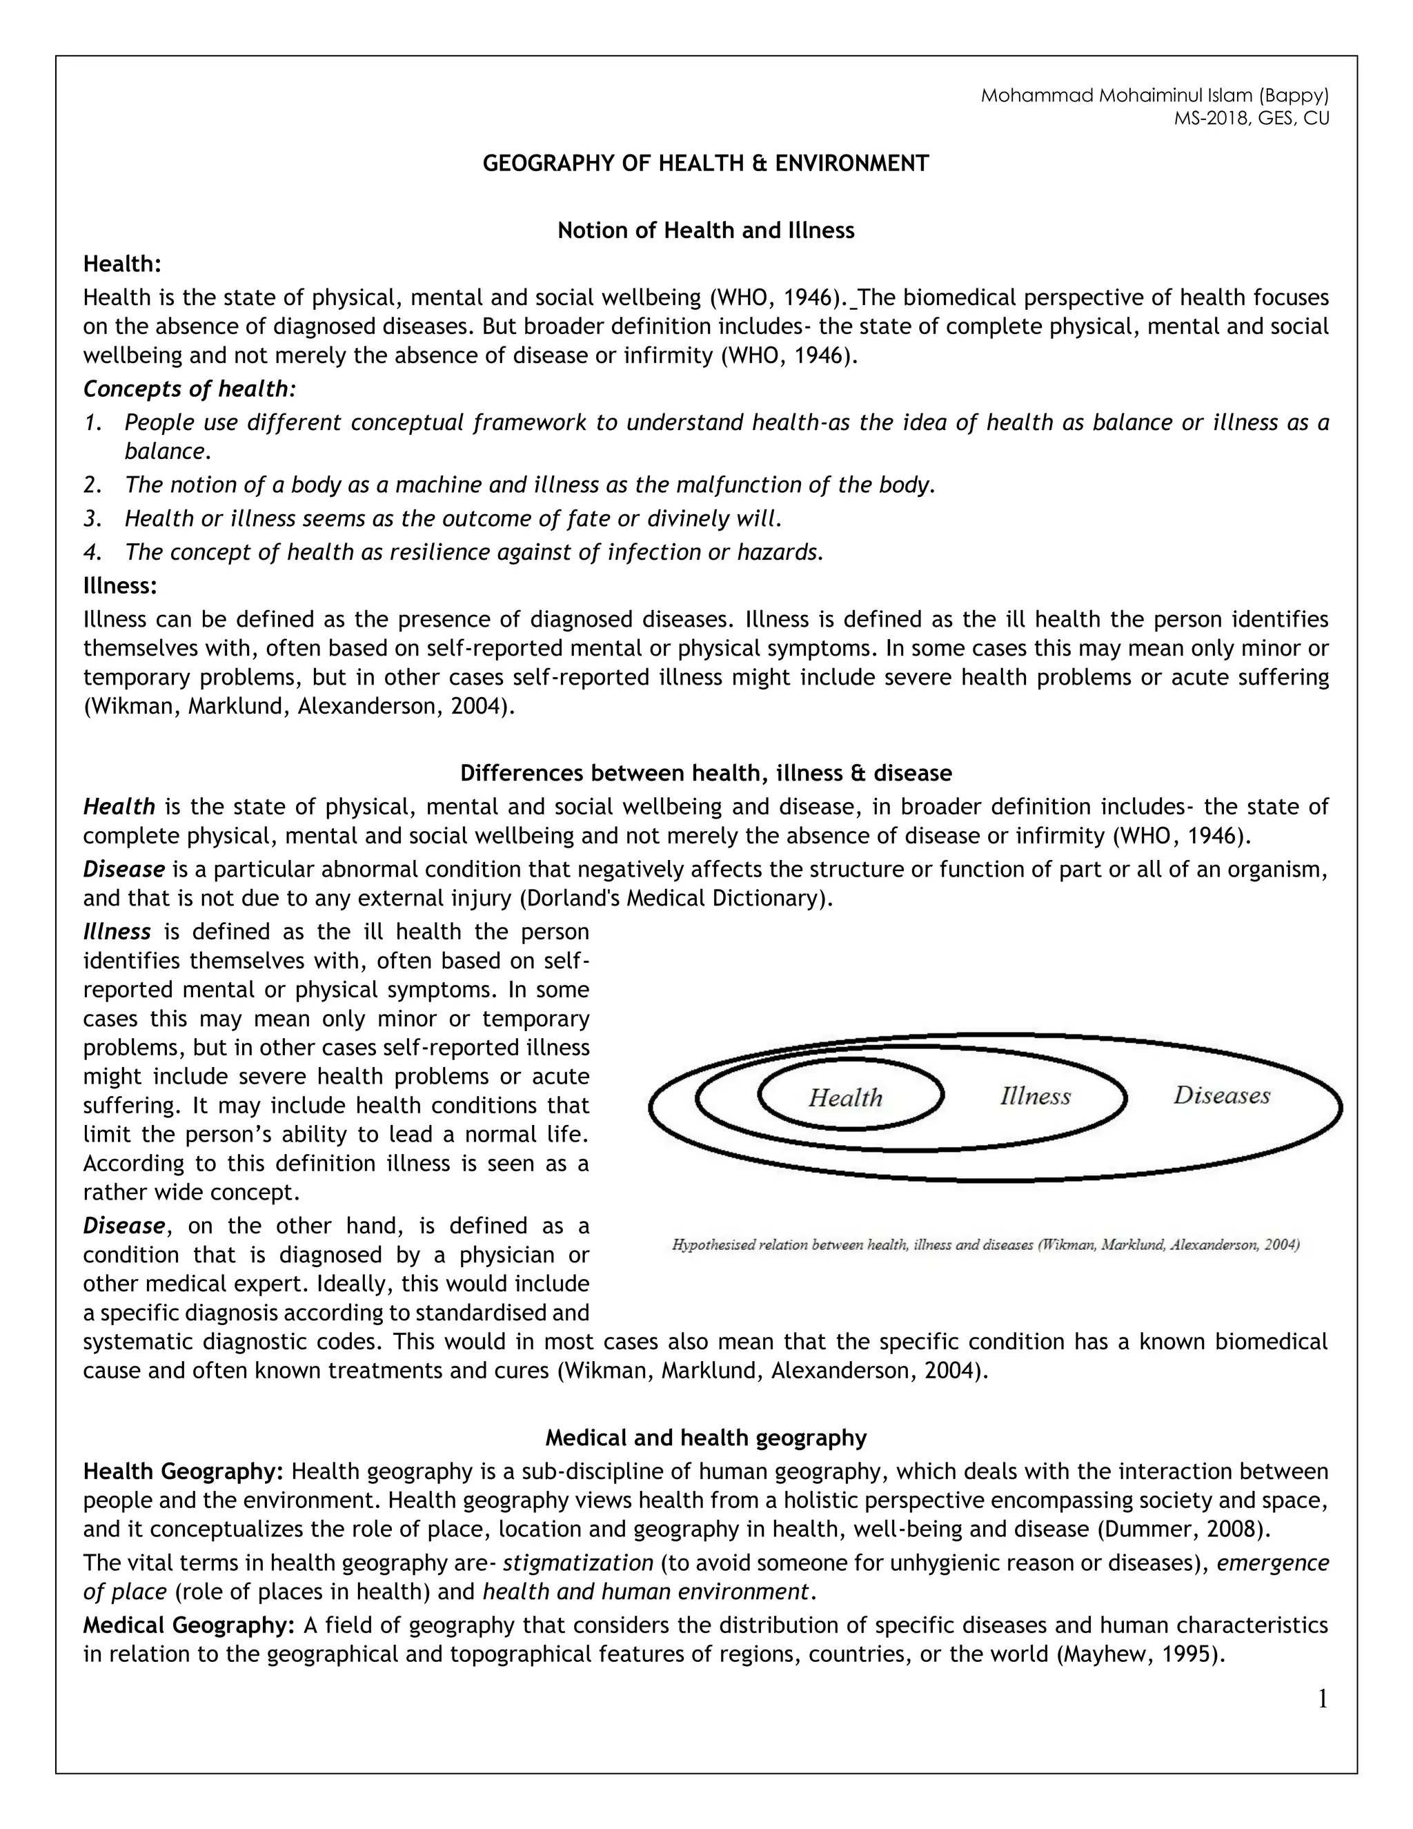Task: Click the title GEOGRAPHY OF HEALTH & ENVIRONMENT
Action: click(x=706, y=164)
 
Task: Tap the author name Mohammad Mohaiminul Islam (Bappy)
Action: click(x=1154, y=95)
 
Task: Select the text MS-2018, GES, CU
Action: click(x=1251, y=118)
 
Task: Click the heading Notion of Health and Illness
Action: click(x=706, y=231)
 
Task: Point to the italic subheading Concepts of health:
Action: click(x=190, y=389)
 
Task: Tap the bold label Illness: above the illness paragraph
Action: click(x=119, y=585)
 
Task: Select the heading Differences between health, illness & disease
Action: click(x=706, y=772)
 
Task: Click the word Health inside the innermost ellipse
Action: click(x=844, y=1097)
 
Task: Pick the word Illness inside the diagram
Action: click(x=1035, y=1096)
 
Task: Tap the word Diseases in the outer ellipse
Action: click(x=1221, y=1095)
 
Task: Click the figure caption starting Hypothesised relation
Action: click(x=985, y=1245)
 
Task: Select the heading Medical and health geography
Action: click(x=706, y=1438)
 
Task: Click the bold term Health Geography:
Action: click(x=184, y=1471)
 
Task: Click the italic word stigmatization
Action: click(x=577, y=1563)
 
